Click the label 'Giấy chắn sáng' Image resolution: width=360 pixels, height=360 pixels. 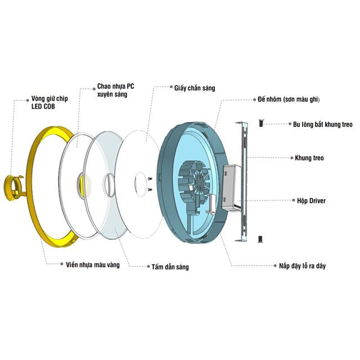[195, 88]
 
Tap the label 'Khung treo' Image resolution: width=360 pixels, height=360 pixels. [309, 158]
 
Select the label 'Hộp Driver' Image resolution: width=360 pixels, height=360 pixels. [311, 201]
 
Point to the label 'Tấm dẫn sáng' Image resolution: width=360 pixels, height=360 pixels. [170, 267]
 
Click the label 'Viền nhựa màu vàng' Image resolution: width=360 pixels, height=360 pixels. [93, 265]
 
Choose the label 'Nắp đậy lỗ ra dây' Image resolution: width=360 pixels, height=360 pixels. [303, 266]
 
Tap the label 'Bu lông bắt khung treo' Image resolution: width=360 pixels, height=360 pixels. [323, 124]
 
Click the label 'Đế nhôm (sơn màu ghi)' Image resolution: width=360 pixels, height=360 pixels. [289, 100]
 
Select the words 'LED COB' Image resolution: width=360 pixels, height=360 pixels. [43, 106]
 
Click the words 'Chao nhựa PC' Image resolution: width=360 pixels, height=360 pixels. [116, 86]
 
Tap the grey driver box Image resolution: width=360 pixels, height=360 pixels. [231, 187]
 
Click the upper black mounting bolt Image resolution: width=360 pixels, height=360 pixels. [261, 123]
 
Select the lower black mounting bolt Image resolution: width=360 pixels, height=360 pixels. [260, 239]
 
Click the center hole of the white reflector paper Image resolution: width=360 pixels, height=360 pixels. [141, 184]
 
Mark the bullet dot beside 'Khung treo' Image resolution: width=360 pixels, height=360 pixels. [291, 157]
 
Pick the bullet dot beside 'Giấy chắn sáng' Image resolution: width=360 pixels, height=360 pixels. [171, 87]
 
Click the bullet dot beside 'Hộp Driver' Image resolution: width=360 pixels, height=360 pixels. [294, 200]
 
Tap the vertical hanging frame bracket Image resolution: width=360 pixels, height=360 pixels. [242, 182]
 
